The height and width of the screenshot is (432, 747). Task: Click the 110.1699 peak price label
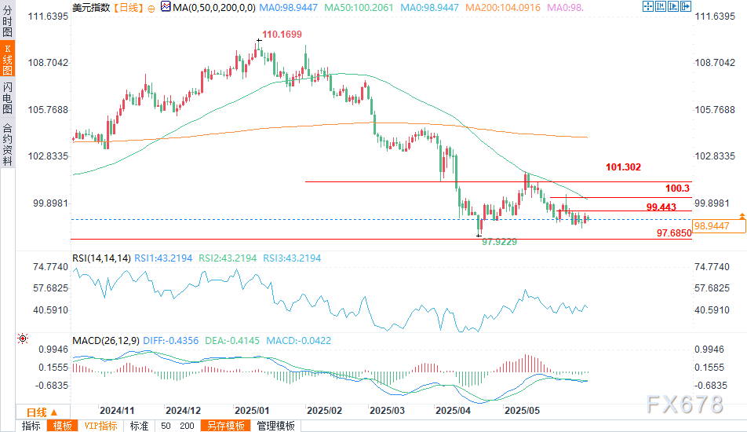281,35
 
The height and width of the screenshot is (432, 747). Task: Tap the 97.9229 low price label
499,242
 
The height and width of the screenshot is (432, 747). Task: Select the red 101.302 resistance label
624,167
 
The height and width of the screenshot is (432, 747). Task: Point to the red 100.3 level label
677,189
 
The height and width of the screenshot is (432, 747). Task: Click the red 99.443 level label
661,207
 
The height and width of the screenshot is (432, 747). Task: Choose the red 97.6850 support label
673,233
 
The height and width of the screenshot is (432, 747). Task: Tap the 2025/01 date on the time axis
253,410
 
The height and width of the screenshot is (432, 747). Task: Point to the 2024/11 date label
118,410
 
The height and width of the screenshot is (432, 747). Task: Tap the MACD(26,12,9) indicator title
106,340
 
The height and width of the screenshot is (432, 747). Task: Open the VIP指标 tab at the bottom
100,426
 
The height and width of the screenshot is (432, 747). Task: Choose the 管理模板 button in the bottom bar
275,426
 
